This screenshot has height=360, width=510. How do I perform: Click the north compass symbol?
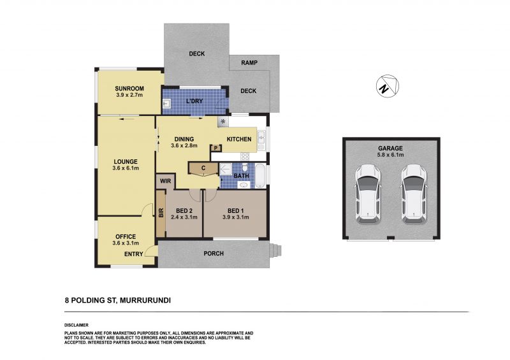(x=388, y=86)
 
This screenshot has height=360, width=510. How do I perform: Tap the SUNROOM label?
(x=129, y=89)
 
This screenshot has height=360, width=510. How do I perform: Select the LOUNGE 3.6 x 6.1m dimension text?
(x=126, y=168)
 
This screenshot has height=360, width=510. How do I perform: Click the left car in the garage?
(x=368, y=194)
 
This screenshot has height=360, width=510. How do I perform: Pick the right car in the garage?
(x=413, y=194)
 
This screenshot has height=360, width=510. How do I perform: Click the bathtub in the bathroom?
(x=260, y=176)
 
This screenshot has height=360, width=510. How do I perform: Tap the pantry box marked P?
(x=215, y=148)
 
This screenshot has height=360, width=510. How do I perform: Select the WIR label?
(x=166, y=181)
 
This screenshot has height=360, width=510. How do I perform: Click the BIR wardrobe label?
(x=161, y=213)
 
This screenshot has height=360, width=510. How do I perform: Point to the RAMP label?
(x=249, y=63)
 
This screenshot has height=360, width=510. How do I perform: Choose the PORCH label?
(x=214, y=254)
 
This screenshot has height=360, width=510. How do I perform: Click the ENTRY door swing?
(x=150, y=251)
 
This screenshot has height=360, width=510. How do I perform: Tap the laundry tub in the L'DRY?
(x=166, y=103)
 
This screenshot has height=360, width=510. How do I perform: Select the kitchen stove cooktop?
(x=245, y=157)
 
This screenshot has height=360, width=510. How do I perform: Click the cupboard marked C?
(x=203, y=169)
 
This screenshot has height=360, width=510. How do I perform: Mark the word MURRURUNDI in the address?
(x=145, y=301)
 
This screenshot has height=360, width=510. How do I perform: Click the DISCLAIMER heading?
(x=76, y=325)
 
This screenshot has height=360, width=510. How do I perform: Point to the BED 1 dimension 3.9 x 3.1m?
(x=235, y=217)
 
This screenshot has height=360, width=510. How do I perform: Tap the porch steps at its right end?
(x=275, y=251)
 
